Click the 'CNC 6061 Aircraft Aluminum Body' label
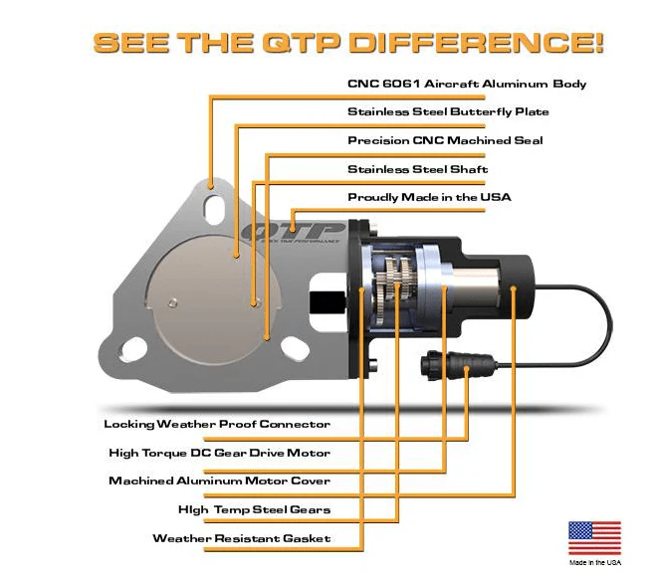click(467, 84)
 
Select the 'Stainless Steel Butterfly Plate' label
click(448, 112)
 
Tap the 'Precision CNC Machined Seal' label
click(445, 140)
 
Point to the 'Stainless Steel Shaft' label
click(417, 169)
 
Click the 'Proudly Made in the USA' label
click(429, 197)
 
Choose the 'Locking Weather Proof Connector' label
click(217, 424)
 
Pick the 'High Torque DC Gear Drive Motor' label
click(220, 453)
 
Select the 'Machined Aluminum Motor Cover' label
click(220, 482)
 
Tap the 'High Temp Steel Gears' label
click(255, 510)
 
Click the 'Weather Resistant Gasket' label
click(242, 538)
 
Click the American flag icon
click(594, 537)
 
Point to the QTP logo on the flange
click(294, 233)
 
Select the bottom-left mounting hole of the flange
click(133, 349)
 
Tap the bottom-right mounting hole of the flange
click(295, 348)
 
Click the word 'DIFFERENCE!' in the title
click(477, 42)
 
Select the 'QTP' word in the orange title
click(300, 43)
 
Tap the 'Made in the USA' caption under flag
click(595, 563)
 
